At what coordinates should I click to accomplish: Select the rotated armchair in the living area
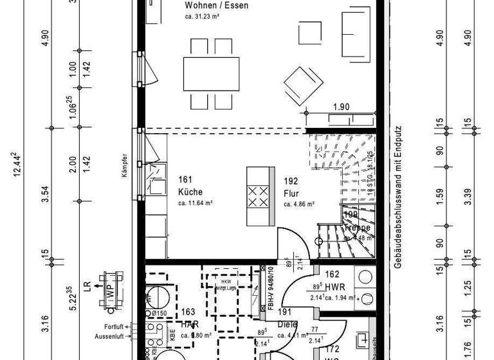(x=303, y=85)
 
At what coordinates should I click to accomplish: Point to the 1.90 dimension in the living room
(x=341, y=107)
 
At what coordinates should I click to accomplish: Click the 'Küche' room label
(x=190, y=192)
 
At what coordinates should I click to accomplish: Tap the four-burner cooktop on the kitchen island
(x=259, y=195)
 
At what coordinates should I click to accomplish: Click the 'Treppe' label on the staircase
(x=356, y=228)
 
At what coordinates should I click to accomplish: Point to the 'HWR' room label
(x=336, y=287)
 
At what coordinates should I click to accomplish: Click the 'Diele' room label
(x=287, y=325)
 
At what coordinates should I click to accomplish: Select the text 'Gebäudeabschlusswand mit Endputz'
(x=399, y=197)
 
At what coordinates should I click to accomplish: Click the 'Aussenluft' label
(x=109, y=336)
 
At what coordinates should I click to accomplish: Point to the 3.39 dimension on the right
(x=475, y=195)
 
